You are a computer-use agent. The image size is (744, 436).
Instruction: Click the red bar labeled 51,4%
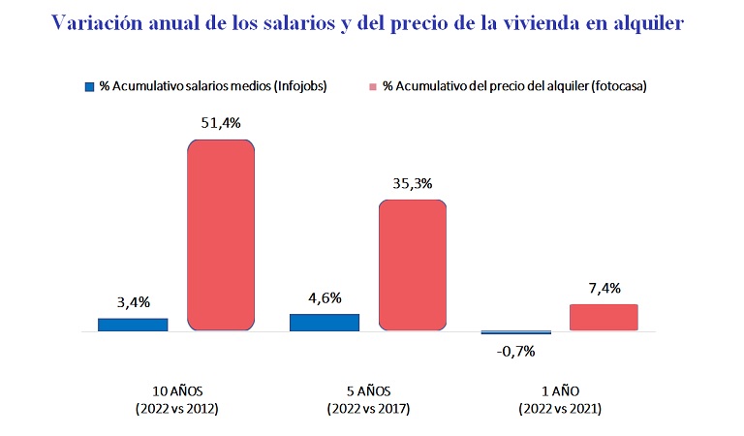[x=221, y=235]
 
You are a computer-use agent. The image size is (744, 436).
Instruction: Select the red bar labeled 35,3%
[x=412, y=265]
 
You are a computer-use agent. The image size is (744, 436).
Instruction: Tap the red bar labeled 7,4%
[x=604, y=318]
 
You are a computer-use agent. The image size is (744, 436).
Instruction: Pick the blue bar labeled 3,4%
[x=133, y=325]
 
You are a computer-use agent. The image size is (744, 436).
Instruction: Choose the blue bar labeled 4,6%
[x=325, y=323]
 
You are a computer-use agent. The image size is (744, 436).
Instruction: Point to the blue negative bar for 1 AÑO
[x=516, y=333]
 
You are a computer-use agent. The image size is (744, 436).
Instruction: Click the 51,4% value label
[x=220, y=124]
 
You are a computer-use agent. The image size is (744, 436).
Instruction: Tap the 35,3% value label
[x=412, y=183]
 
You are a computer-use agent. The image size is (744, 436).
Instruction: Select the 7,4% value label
[x=604, y=288]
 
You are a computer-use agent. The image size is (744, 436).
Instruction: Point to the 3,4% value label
[x=133, y=301]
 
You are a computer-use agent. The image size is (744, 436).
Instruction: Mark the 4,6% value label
[x=325, y=297]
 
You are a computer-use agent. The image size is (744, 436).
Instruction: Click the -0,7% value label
[x=516, y=351]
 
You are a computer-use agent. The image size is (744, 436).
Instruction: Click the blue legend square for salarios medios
[x=89, y=86]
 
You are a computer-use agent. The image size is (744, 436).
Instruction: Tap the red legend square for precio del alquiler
[x=373, y=86]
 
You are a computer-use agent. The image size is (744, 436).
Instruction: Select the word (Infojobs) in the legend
[x=299, y=86]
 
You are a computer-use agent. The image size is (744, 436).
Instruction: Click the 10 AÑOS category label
[x=177, y=391]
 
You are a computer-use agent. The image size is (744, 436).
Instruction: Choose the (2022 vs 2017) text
[x=368, y=409]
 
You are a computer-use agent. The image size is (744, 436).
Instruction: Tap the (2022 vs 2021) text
[x=559, y=409]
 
